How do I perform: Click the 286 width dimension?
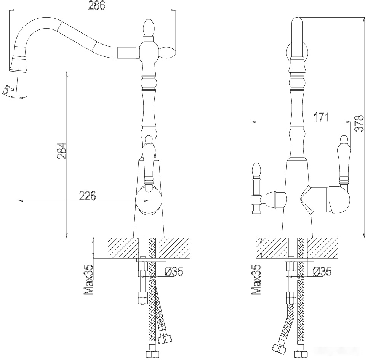(96, 5)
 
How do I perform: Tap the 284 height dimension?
(61, 150)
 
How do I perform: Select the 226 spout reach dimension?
(88, 196)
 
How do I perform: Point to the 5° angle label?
(9, 90)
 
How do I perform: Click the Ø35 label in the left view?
(173, 272)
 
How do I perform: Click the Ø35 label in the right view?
(322, 272)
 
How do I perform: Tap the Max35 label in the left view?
(88, 280)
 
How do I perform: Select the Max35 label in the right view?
(256, 280)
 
